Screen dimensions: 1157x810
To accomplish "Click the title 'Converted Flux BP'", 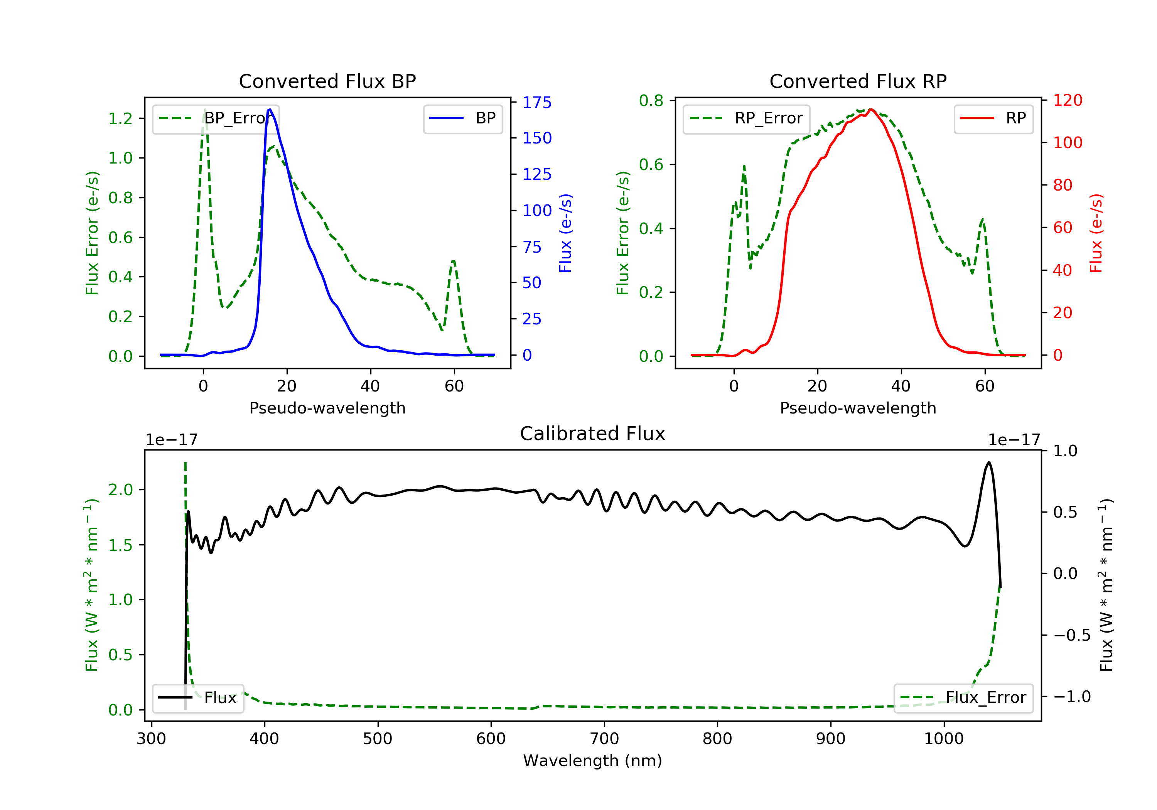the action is (327, 81).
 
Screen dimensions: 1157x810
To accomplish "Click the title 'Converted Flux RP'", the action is (858, 81).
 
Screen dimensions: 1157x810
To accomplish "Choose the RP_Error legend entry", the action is (746, 118).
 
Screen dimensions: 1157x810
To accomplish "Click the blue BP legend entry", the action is (462, 118).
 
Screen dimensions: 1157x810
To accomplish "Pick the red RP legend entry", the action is (993, 118).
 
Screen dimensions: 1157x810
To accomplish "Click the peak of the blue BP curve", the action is (270, 110).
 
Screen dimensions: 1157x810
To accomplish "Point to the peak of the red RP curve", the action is (871, 110).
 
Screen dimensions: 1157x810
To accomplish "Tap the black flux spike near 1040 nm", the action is (989, 462).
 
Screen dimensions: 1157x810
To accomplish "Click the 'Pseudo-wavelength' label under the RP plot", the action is (858, 408).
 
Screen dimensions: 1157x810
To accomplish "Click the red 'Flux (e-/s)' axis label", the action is (1096, 233).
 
